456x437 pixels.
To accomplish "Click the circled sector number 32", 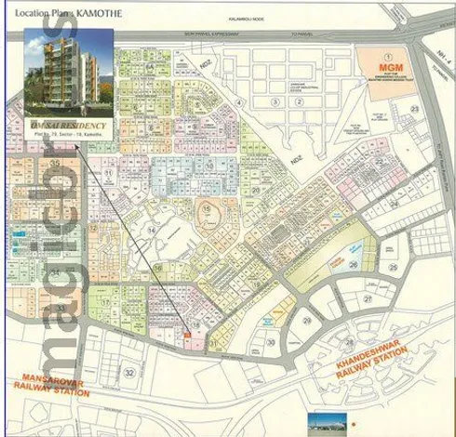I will [129, 372].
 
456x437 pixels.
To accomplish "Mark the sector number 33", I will [60, 308].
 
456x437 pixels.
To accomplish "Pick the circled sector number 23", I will [413, 109].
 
